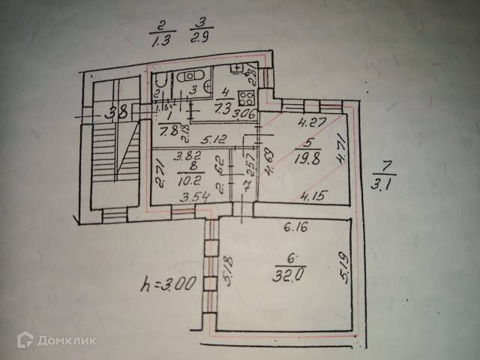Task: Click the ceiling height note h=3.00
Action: [x=169, y=284]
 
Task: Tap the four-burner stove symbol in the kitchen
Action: [x=244, y=97]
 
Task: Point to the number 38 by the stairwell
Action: [x=115, y=115]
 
